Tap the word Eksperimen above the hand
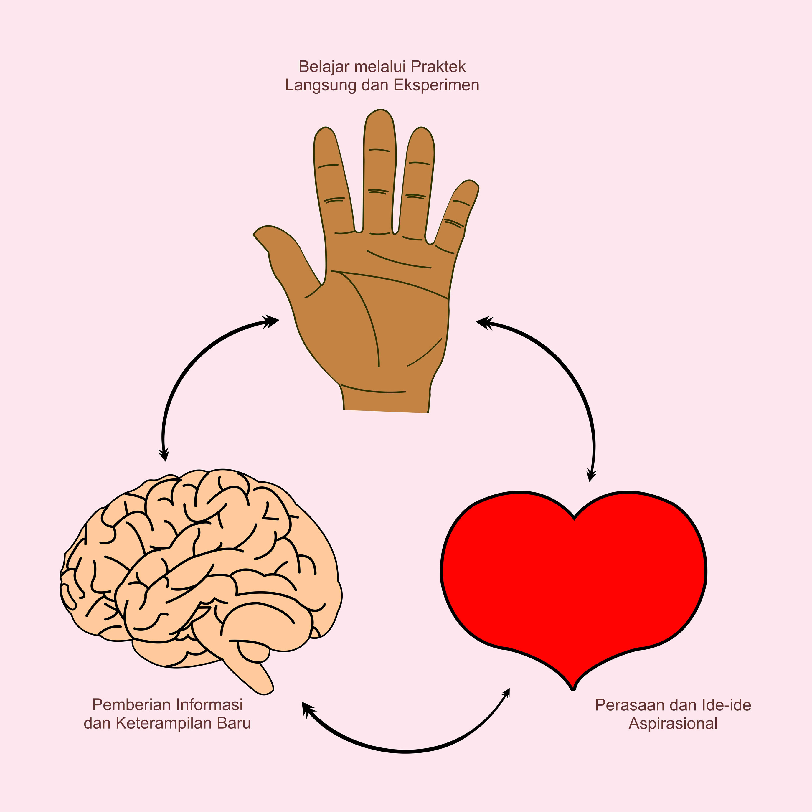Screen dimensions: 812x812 tap(436, 85)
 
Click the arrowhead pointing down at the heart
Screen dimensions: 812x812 tap(591, 476)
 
